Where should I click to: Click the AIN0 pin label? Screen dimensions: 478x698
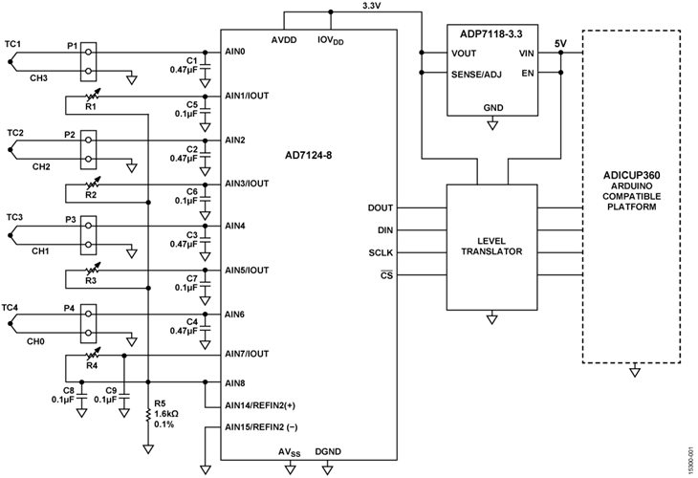[x=235, y=54]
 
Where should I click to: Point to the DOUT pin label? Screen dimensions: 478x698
[x=380, y=207]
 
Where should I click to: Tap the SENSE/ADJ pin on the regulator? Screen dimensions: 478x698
[x=478, y=75]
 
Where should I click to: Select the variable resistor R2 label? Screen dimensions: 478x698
[x=91, y=195]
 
